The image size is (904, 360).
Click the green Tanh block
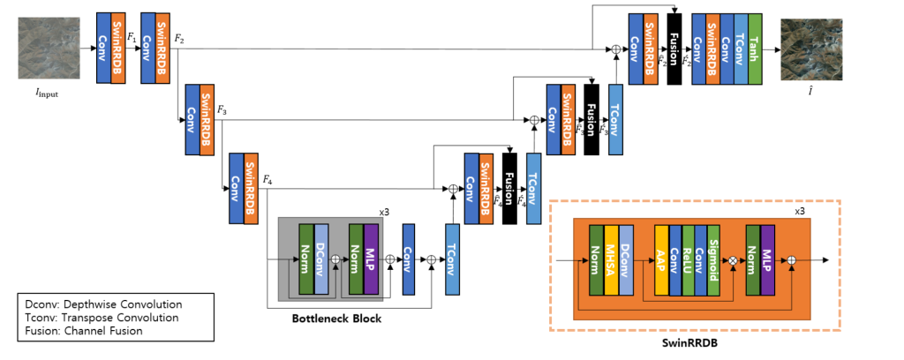756,49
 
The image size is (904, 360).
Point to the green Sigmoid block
712,261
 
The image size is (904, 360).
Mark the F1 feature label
132,39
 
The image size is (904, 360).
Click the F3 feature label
221,112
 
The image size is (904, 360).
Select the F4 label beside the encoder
267,181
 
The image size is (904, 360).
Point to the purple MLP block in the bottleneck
370,260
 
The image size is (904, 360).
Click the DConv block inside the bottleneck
320,260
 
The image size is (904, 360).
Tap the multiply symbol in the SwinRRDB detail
732,261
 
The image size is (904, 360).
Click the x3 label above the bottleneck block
385,213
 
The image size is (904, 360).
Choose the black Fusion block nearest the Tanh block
674,49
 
